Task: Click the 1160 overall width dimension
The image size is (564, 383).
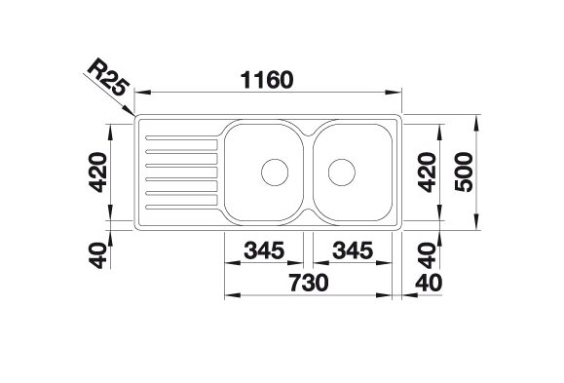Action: tap(267, 80)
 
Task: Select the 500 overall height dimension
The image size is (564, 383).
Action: tap(464, 172)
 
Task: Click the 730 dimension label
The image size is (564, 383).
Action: tap(309, 283)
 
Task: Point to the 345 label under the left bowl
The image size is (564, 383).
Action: tap(264, 250)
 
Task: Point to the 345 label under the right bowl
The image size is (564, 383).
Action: tap(353, 250)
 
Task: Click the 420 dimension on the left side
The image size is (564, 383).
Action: tap(97, 172)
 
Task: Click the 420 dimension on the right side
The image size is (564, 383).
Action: tap(427, 172)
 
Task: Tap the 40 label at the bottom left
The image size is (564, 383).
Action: tap(98, 255)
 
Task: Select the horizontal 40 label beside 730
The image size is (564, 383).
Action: tap(429, 283)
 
